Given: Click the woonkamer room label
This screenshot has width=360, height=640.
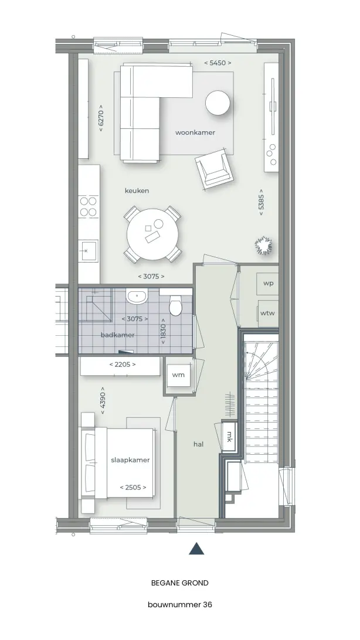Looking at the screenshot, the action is (x=195, y=132).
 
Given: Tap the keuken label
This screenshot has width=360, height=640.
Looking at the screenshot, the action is (x=137, y=190).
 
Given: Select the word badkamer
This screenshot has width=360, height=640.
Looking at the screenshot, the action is (x=117, y=335).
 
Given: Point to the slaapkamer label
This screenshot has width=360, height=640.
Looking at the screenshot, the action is (x=130, y=460).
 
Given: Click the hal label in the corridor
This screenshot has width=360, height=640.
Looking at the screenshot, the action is (x=198, y=444).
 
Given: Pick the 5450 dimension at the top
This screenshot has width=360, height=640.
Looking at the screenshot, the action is (x=218, y=63).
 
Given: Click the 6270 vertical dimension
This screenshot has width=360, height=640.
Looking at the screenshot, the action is (x=101, y=118).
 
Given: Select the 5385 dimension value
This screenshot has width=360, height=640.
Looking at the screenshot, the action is (x=261, y=202).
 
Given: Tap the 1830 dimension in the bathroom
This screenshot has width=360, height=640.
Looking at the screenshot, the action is (x=163, y=331).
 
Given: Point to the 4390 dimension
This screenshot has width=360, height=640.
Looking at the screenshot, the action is (x=103, y=400).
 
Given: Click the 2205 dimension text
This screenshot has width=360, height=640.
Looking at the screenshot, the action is (x=123, y=365).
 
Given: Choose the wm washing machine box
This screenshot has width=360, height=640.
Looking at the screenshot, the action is (x=178, y=375).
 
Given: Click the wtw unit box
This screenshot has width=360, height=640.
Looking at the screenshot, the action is (x=268, y=314).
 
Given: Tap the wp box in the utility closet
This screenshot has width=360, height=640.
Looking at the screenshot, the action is (x=268, y=283).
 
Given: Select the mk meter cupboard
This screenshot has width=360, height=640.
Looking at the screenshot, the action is (x=229, y=436).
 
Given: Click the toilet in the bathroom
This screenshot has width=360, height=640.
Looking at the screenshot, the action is (x=176, y=305).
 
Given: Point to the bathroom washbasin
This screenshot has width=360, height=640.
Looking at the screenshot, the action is (x=137, y=297).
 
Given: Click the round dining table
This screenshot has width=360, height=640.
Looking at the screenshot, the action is (x=152, y=234).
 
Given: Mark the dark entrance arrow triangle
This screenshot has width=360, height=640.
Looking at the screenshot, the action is (x=196, y=549).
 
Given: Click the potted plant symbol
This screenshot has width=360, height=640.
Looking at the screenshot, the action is (x=264, y=246).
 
